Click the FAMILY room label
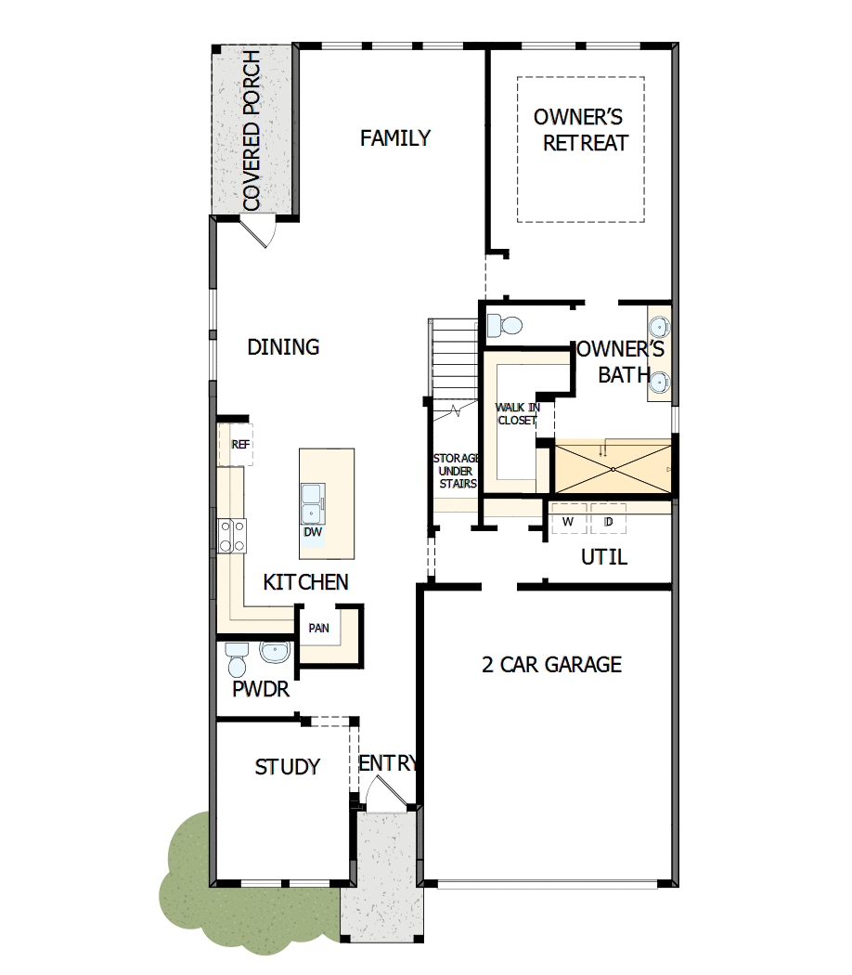(x=395, y=138)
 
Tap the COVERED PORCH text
(x=251, y=131)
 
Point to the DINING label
(x=283, y=347)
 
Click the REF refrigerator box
(x=239, y=445)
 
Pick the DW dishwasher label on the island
(x=312, y=532)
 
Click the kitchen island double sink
(x=312, y=503)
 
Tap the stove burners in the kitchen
(x=232, y=536)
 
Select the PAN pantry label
(x=318, y=629)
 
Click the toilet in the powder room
(x=237, y=659)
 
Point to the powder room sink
(x=275, y=654)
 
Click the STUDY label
(x=288, y=767)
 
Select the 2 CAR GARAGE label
(x=551, y=665)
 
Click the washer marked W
(x=568, y=522)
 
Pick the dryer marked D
(x=608, y=522)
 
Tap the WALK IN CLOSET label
(x=517, y=414)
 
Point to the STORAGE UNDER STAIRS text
(x=456, y=471)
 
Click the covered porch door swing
(x=256, y=230)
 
